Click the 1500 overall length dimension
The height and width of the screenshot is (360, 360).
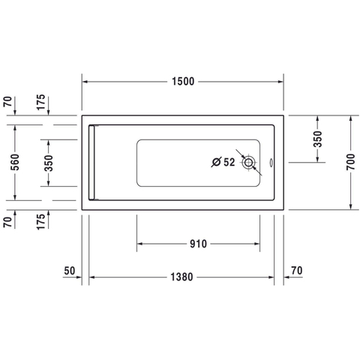pos(183,82)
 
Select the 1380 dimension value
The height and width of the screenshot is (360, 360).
pos(181,277)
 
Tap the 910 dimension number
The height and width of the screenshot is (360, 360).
pos(198,244)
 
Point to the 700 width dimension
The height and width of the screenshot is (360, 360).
pos(350,162)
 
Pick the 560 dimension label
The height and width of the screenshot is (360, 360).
pos(15,162)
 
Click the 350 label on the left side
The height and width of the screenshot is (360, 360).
pos(49,163)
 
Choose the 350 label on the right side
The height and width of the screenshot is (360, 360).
pos(318,139)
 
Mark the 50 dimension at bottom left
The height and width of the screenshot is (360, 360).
pos(69,271)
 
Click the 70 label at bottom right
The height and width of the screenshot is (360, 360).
pos(297,271)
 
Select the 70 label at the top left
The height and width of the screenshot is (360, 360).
pos(7,101)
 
